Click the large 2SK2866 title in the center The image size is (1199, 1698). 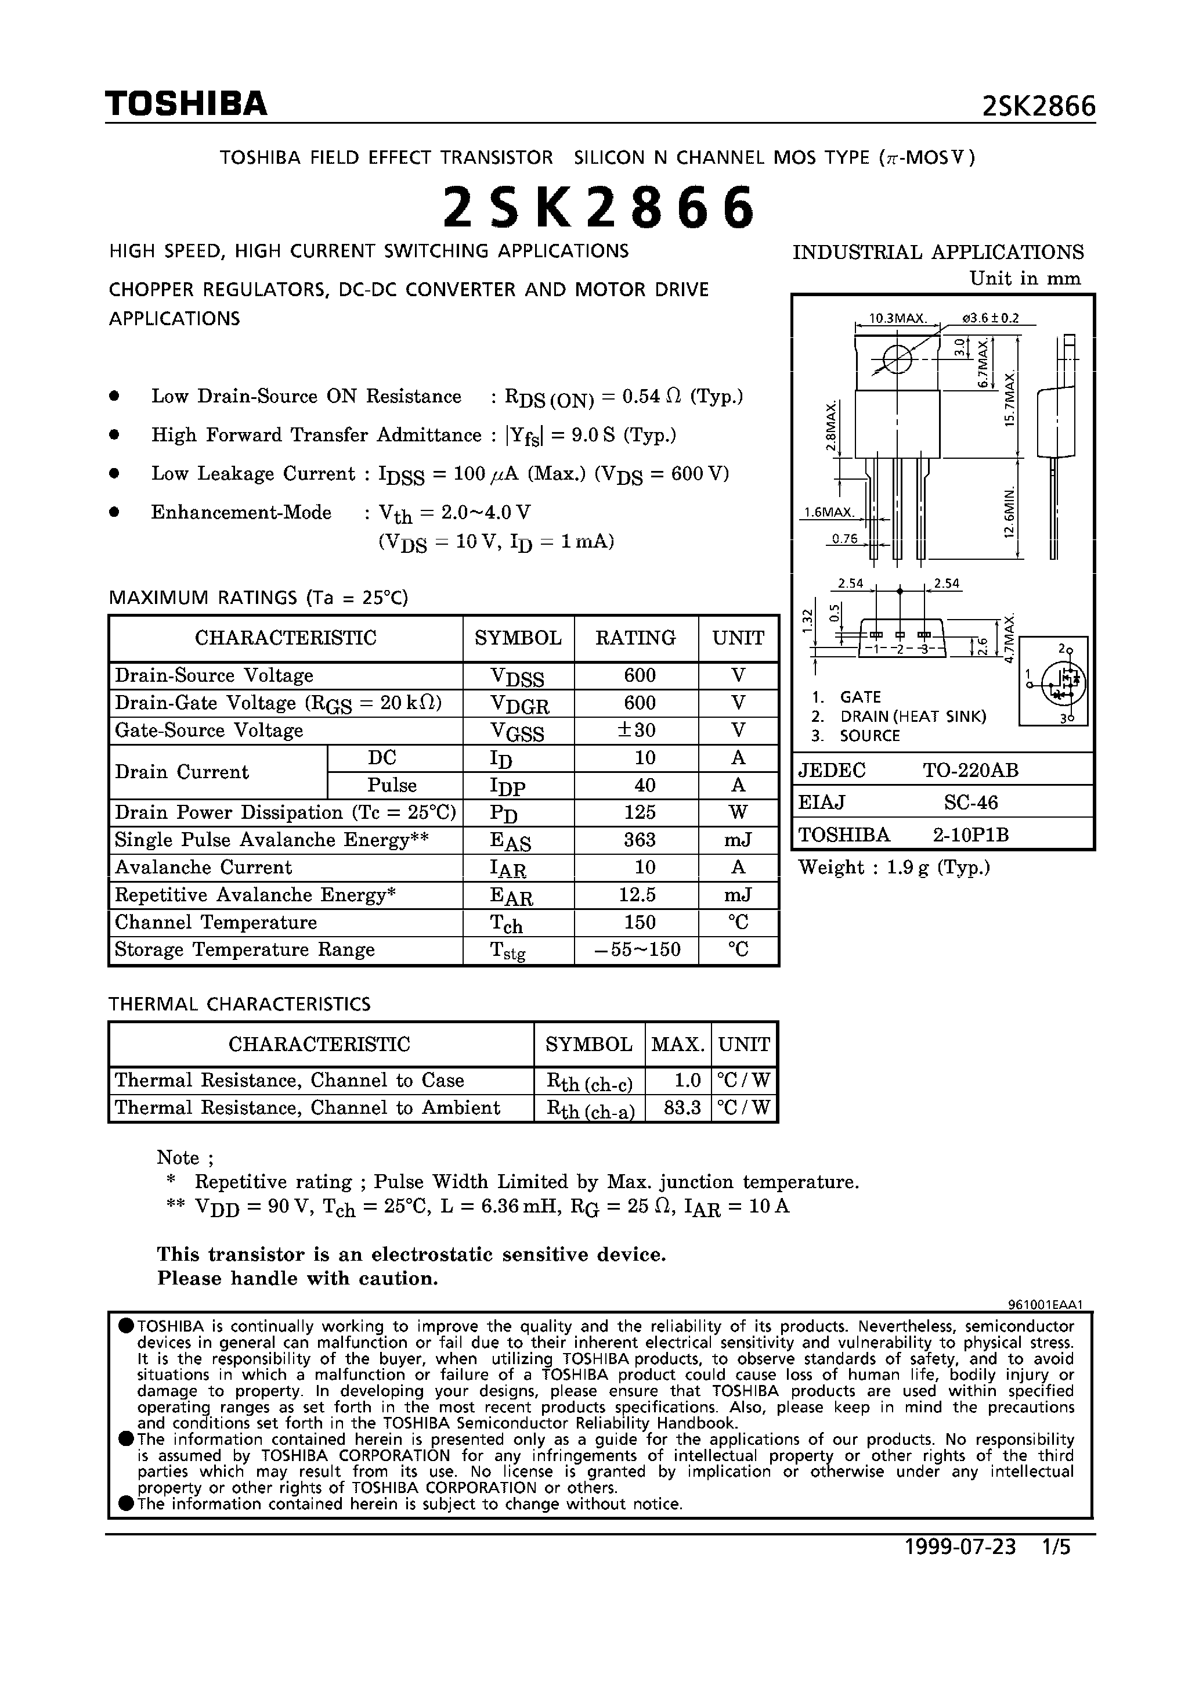click(x=599, y=208)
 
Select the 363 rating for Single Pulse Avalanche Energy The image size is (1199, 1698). click(x=640, y=840)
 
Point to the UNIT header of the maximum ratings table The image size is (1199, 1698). click(x=738, y=638)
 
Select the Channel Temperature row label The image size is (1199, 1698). click(x=216, y=922)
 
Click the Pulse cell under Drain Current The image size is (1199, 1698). click(x=392, y=785)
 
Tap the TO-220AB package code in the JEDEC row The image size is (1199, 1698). click(x=970, y=771)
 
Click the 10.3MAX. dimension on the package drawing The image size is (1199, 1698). click(x=897, y=319)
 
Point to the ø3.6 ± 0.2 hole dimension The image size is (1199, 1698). click(x=991, y=319)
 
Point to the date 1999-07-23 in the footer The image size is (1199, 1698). click(x=960, y=1547)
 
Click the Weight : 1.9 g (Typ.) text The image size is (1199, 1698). click(x=894, y=868)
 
